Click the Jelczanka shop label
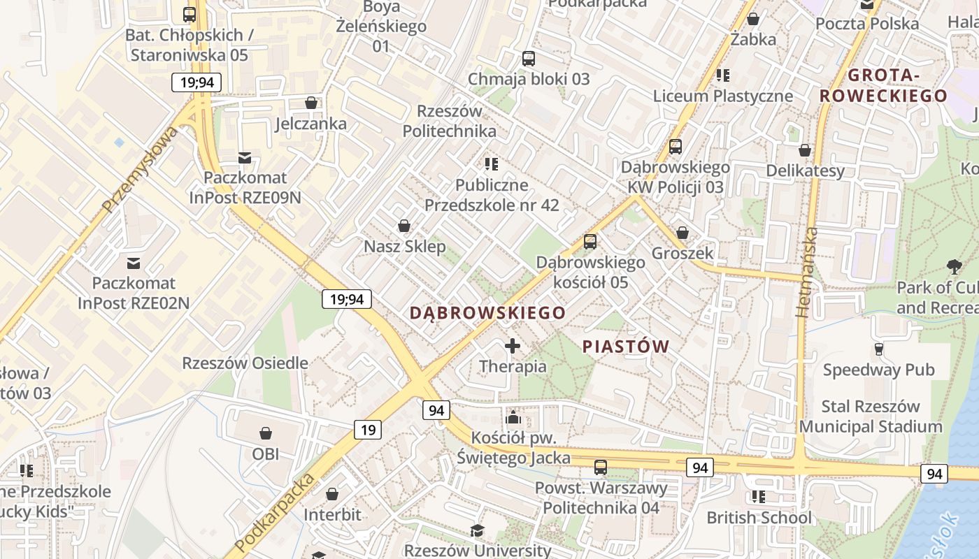[310, 124]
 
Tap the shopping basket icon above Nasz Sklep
[403, 226]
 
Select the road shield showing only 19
[368, 429]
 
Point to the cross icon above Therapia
[513, 346]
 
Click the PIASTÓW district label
[626, 347]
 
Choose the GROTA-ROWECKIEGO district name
[884, 85]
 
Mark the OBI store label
[266, 454]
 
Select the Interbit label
[332, 515]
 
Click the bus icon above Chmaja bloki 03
[529, 59]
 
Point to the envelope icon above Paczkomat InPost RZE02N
[133, 263]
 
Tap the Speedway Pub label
[878, 370]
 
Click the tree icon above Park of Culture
[953, 266]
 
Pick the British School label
[759, 518]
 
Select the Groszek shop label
[683, 253]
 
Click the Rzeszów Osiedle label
[245, 363]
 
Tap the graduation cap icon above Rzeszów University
[477, 530]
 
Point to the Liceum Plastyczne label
[723, 96]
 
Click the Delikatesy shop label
[805, 170]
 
